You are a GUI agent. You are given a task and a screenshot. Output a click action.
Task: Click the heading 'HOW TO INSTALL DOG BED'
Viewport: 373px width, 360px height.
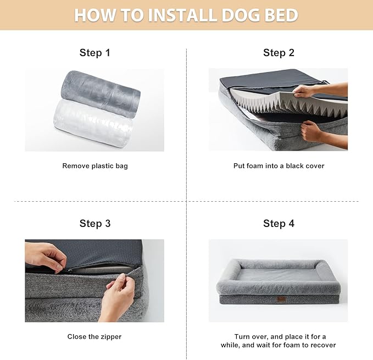pyautogui.click(x=186, y=15)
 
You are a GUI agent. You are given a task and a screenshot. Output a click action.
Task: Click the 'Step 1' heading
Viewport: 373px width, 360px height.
pyautogui.click(x=94, y=53)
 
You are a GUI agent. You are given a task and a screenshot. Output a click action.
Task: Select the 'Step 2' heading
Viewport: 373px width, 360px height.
pyautogui.click(x=279, y=53)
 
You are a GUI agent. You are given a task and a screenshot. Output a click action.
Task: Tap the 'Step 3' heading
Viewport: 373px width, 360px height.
pyautogui.click(x=94, y=223)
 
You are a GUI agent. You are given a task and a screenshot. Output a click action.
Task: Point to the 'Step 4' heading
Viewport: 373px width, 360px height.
pyautogui.click(x=279, y=223)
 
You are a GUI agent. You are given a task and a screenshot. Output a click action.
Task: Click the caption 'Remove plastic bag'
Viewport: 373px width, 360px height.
pyautogui.click(x=94, y=165)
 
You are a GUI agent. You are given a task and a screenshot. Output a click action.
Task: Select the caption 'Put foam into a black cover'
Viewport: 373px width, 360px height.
pyautogui.click(x=279, y=165)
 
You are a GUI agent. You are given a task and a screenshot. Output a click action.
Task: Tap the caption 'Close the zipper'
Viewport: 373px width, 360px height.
pyautogui.click(x=94, y=336)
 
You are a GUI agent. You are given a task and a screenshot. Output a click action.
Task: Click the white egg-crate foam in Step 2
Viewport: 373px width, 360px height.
pyautogui.click(x=275, y=102)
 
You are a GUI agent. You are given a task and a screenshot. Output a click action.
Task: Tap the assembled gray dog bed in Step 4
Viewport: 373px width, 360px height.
pyautogui.click(x=278, y=280)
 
